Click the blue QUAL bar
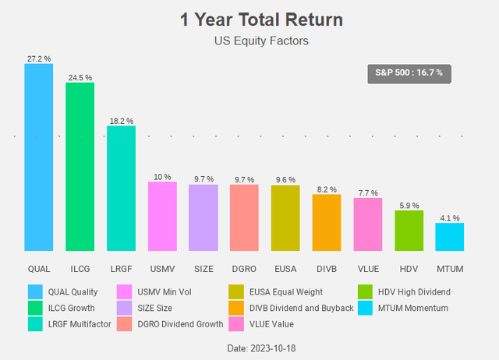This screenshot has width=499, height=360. point(38,157)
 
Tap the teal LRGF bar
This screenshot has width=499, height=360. point(121,188)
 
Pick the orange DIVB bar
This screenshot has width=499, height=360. point(327,222)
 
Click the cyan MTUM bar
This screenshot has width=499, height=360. point(449,236)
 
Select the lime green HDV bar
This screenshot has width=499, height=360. point(409,230)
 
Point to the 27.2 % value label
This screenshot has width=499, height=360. point(38,58)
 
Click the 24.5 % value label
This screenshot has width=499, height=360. point(80,77)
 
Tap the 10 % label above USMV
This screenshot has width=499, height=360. point(162,177)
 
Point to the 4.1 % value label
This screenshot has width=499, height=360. point(450,218)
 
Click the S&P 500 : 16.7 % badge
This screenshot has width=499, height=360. point(409,72)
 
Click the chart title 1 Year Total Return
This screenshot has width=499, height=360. point(249,19)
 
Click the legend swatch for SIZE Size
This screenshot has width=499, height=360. point(124,308)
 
